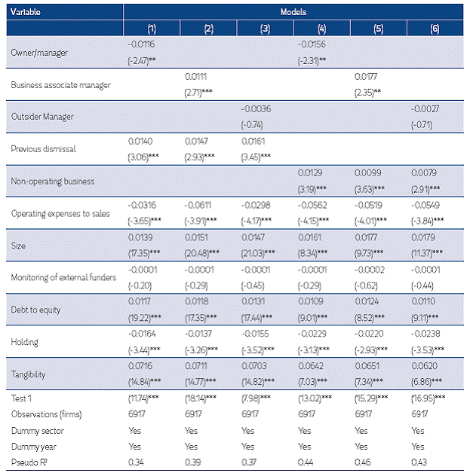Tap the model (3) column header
[x=264, y=29]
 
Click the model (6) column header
[x=434, y=29]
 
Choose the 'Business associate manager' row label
[x=61, y=84]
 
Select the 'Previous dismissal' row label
[x=43, y=148]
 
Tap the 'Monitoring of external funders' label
[x=65, y=277]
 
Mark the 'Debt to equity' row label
[x=36, y=310]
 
